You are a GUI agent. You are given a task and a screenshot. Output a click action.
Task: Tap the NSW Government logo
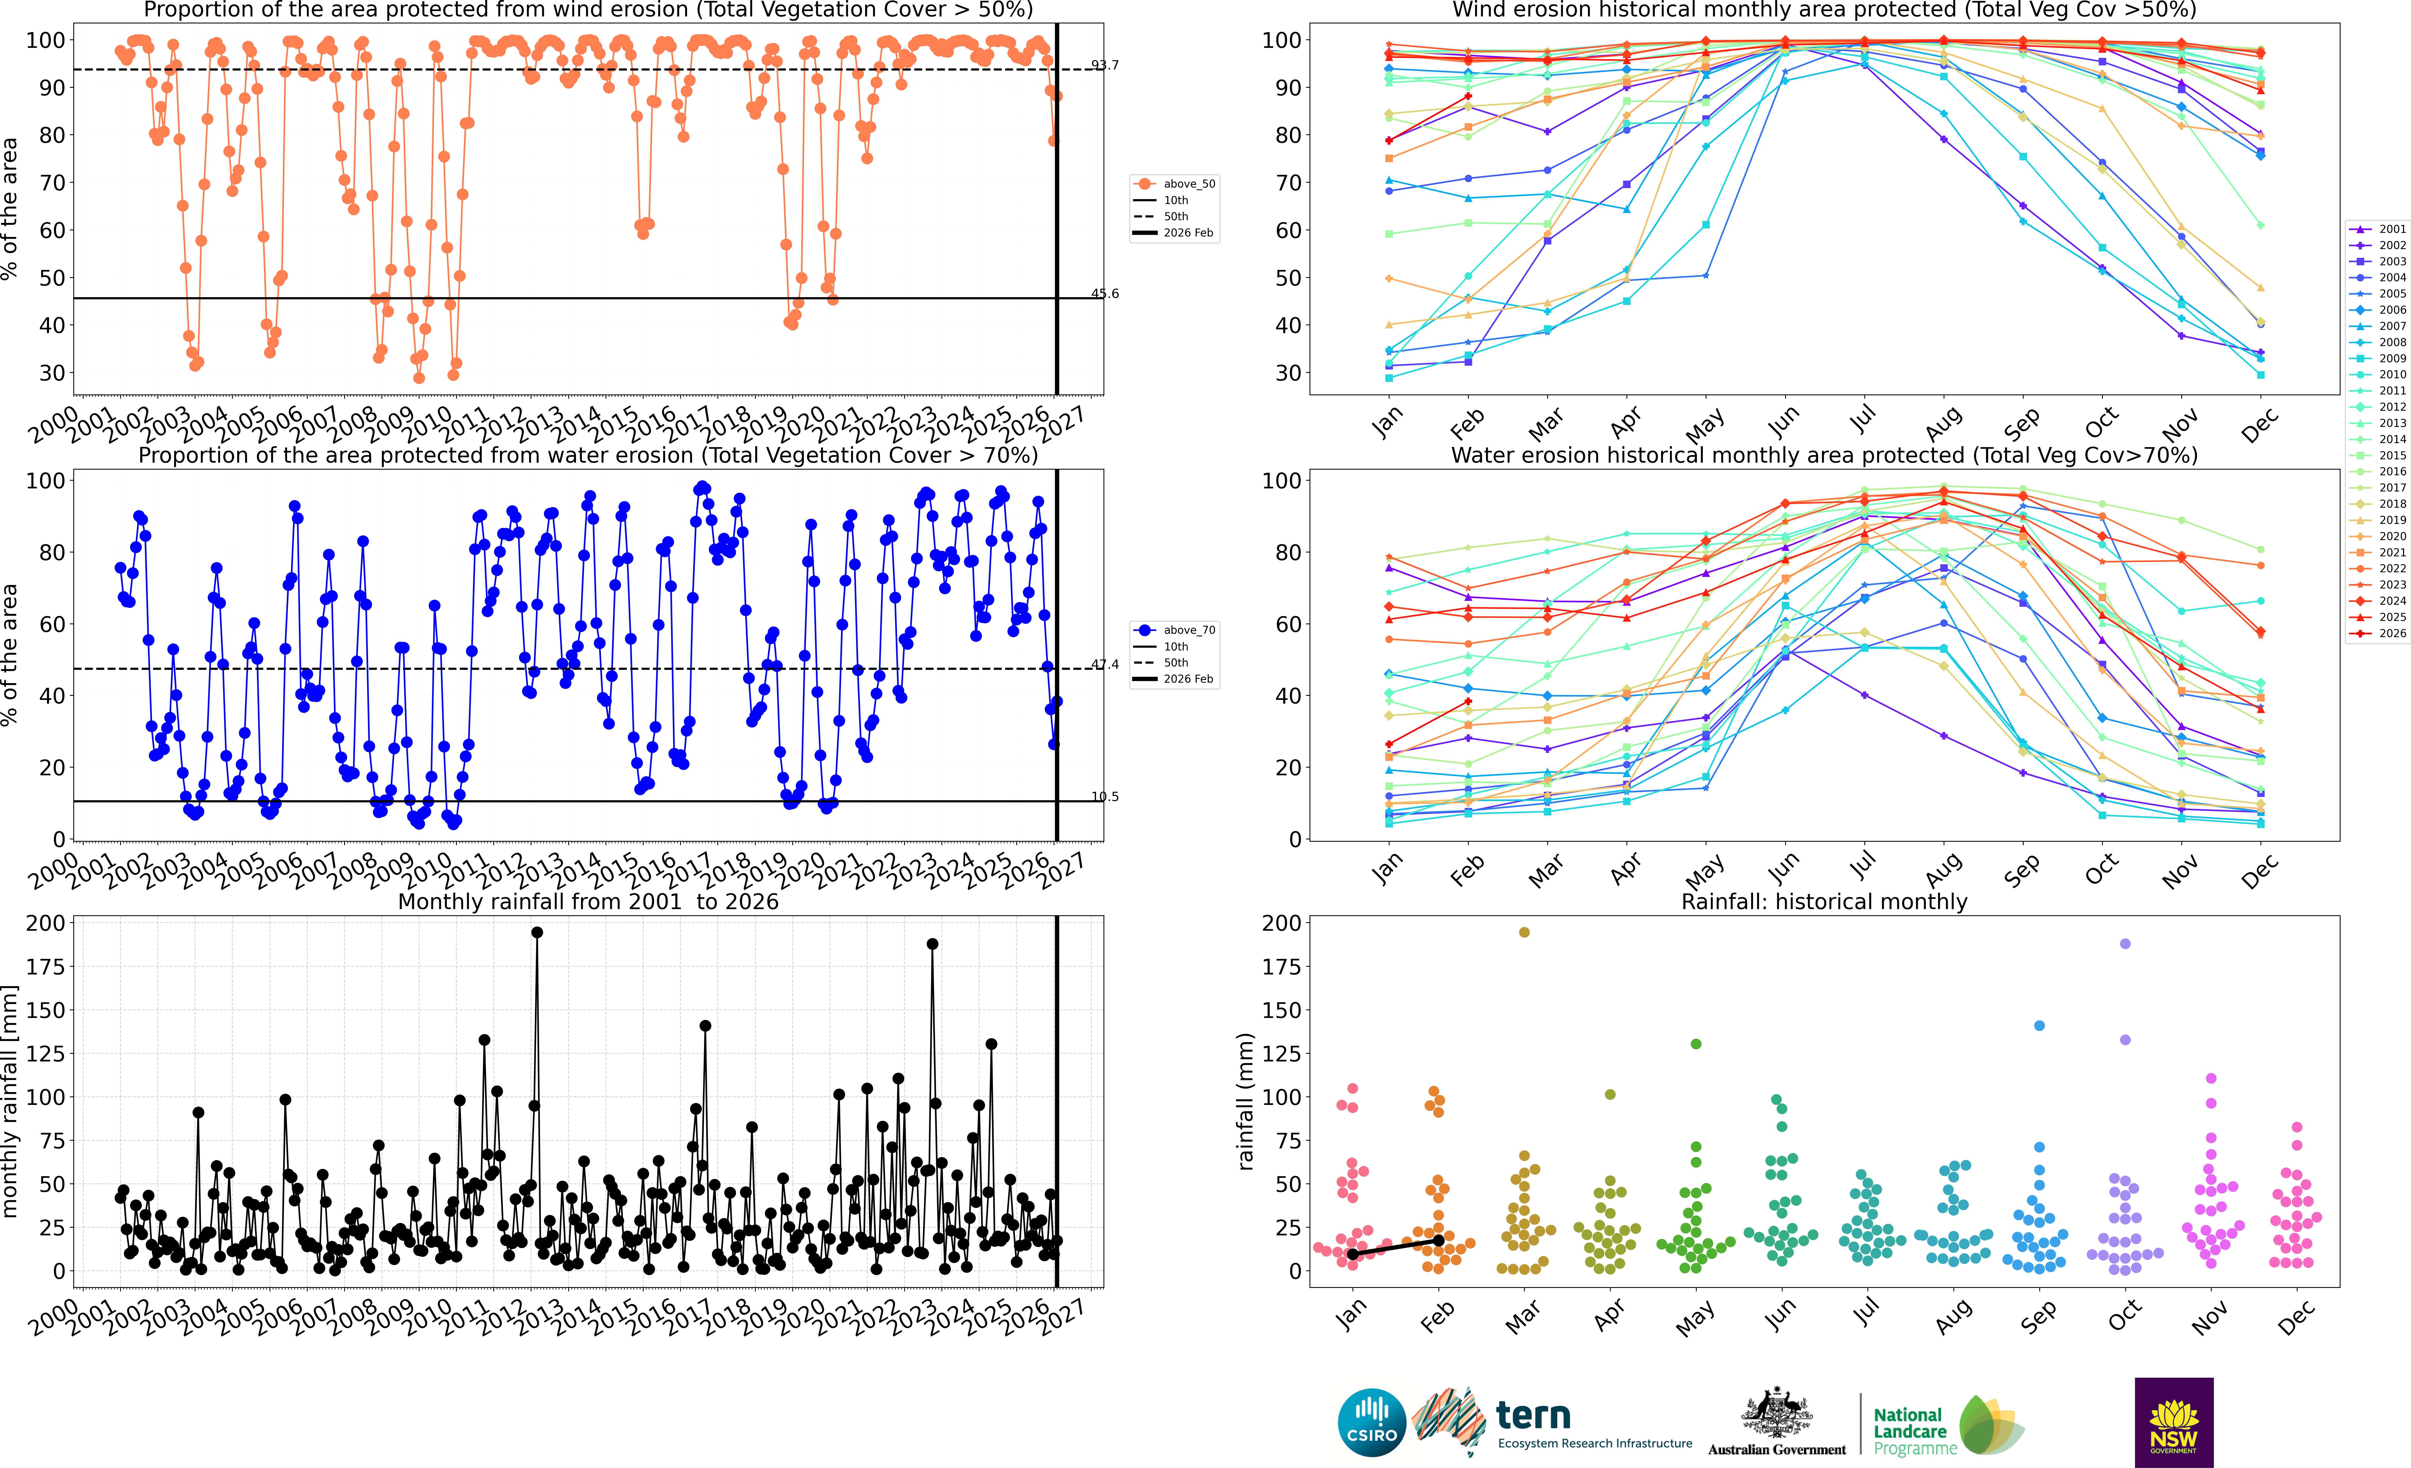(x=2173, y=1422)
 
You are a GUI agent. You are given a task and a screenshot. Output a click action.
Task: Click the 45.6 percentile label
(x=1105, y=294)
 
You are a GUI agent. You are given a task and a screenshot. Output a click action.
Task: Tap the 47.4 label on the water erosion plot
(x=1105, y=664)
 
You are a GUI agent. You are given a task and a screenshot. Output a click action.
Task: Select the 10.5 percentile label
(x=1105, y=797)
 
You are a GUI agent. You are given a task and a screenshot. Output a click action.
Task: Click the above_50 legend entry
(x=1174, y=184)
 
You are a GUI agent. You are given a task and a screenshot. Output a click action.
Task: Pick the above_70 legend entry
(x=1174, y=630)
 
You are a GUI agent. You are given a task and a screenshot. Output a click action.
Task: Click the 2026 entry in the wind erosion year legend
(x=2378, y=633)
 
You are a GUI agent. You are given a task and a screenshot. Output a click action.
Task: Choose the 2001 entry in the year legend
(x=2378, y=229)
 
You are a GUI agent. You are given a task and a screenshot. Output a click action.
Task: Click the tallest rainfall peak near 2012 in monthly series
(x=536, y=933)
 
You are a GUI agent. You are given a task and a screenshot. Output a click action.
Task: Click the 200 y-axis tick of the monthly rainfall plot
(x=46, y=923)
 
